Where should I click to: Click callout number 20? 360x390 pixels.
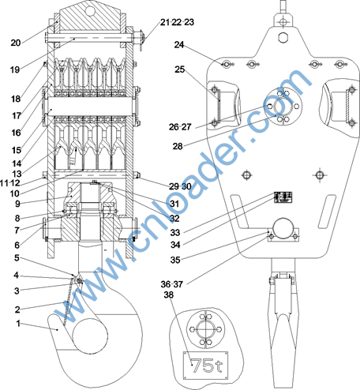16,43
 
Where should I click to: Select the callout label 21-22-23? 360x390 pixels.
177,22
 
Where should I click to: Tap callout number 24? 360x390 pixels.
179,45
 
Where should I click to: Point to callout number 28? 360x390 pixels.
178,146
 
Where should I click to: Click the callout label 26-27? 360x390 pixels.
180,127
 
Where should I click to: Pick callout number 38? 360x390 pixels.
169,294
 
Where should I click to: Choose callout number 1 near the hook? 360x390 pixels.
18,323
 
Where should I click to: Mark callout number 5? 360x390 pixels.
17,258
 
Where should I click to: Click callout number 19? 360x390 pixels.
15,69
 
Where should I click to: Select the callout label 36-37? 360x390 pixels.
172,284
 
